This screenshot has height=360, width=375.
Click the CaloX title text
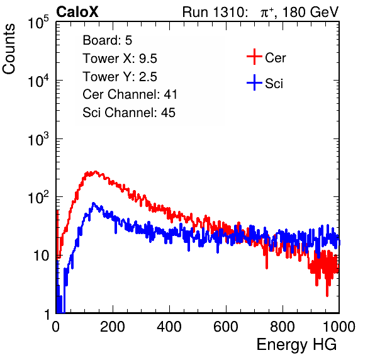coord(77,12)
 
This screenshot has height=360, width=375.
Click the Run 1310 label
coord(213,12)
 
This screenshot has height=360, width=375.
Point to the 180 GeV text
coord(311,12)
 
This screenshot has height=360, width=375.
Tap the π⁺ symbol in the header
coord(267,12)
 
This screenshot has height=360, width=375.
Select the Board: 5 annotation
coord(108,40)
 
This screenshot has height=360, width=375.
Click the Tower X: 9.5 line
coord(120,59)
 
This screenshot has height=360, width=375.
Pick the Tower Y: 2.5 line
coord(120,77)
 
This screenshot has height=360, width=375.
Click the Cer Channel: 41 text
coord(130,94)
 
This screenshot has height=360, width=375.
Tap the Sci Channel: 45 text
coord(129,113)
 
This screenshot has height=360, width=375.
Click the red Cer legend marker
coord(254,57)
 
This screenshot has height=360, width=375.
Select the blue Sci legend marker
coord(254,83)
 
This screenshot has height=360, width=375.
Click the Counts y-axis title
coord(9,49)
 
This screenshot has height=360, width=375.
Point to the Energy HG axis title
coord(296,345)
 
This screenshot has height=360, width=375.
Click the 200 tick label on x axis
coord(113,327)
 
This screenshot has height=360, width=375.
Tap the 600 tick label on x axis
coord(226,327)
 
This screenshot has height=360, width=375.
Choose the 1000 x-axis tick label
coord(339,327)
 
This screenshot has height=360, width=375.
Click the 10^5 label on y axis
coord(38,22)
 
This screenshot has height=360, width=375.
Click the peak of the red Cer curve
coord(96,171)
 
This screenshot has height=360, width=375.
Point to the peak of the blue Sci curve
coord(93,203)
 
